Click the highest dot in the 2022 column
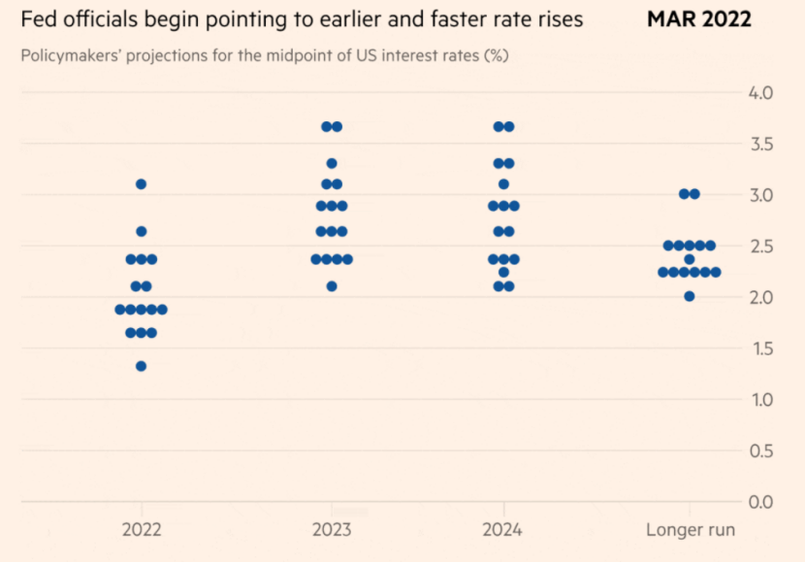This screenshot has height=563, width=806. [x=141, y=183]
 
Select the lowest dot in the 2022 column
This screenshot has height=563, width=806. [x=141, y=366]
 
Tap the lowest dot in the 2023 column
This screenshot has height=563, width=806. [x=332, y=285]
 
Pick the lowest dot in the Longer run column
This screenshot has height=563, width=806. [x=689, y=296]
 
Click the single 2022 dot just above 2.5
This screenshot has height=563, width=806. [x=141, y=231]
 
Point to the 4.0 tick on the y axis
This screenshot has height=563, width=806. [x=759, y=93]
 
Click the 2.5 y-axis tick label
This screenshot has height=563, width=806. [x=759, y=247]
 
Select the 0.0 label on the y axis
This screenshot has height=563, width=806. [x=759, y=502]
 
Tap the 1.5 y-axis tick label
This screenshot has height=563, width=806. [x=759, y=348]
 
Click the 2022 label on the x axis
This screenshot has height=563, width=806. [x=142, y=530]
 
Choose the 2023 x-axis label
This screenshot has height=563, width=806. [x=332, y=530]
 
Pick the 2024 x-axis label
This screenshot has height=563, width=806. [x=502, y=530]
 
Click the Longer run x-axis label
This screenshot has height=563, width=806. [x=690, y=530]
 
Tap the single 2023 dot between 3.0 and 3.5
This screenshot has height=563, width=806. [x=332, y=163]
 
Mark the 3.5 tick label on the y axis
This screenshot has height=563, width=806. [x=759, y=145]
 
